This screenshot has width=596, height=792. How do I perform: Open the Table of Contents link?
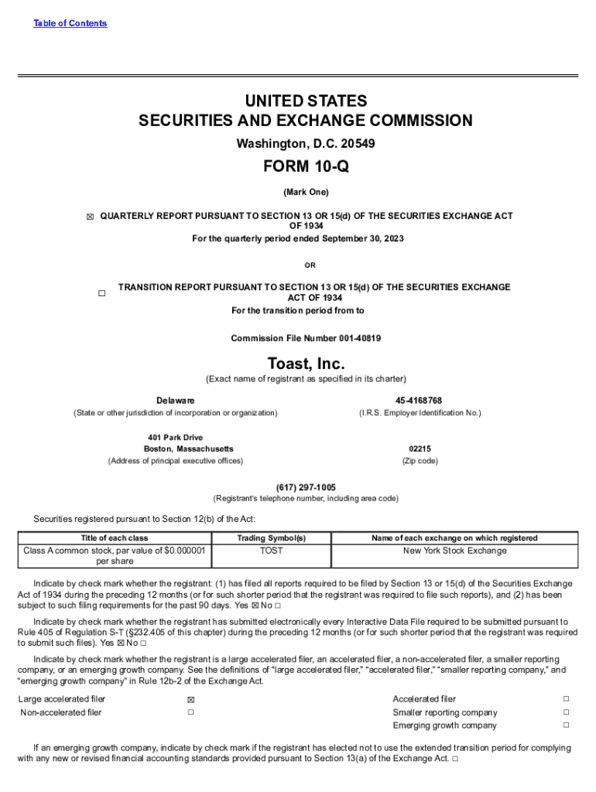coord(70,23)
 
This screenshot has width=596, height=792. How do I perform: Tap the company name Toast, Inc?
coord(306,364)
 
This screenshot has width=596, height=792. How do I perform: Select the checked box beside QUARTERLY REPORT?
coord(90,217)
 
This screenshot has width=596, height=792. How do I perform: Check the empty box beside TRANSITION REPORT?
coord(101,293)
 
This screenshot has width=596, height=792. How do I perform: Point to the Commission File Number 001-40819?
coord(306,339)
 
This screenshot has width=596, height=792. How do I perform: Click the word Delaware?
coord(176,401)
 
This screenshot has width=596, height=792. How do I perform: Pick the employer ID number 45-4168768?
coord(419,401)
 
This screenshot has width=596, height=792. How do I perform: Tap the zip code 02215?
coord(420,449)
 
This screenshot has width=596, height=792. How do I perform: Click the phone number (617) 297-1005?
coord(306,487)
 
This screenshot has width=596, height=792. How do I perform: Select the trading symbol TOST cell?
coord(272,551)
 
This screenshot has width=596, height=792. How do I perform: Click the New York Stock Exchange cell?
coord(454,551)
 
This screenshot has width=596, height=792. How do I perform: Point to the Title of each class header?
coord(115,538)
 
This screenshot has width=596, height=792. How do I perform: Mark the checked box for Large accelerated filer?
coord(190,700)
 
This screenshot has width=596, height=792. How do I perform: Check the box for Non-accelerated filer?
coord(190,712)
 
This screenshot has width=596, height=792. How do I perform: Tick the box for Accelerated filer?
coord(566,699)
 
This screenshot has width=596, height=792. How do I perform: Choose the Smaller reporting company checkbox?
coord(566,712)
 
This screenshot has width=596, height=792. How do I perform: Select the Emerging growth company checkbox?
coord(566,725)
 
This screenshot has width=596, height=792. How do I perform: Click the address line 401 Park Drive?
coord(176,438)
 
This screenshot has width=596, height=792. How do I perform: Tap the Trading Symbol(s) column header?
coord(272,538)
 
